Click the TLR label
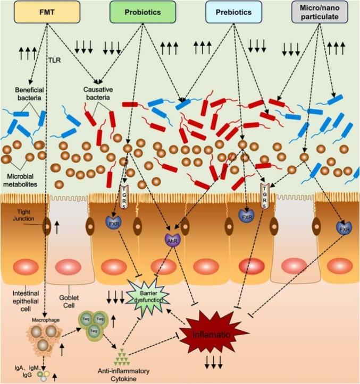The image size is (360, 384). [55, 60]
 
